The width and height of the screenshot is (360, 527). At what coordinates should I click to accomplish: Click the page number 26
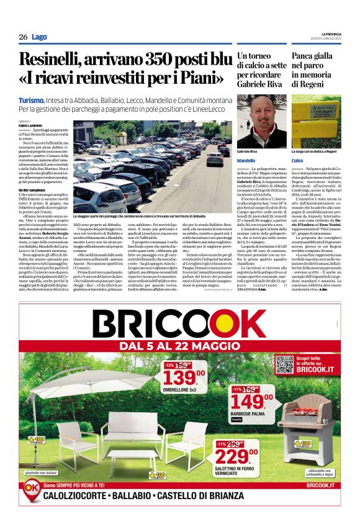click(x=23, y=37)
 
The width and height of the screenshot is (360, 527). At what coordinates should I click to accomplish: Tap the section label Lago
click(x=40, y=37)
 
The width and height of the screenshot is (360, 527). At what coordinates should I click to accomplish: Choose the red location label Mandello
click(x=246, y=161)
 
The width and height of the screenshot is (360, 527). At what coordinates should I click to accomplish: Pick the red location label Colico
click(x=297, y=161)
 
